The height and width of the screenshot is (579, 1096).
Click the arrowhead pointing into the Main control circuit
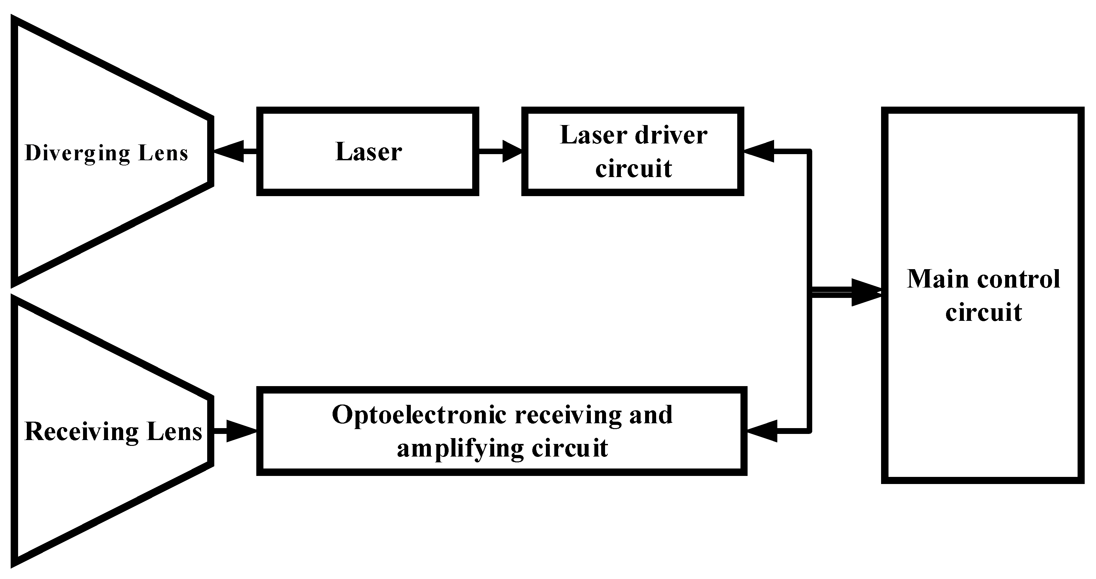866,293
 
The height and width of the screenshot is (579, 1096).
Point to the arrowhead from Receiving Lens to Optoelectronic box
241,431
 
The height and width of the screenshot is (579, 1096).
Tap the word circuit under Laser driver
633,169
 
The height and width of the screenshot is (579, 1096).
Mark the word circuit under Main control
984,313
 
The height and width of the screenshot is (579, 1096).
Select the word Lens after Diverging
163,153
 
